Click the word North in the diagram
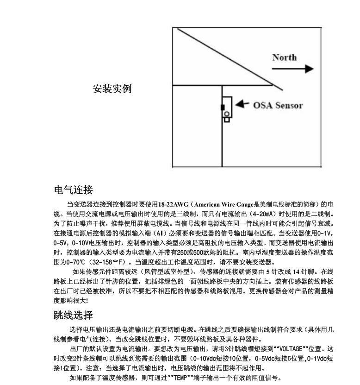coord(284,58)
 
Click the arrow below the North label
coord(292,69)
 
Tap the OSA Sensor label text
coord(278,105)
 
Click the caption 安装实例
coord(112,88)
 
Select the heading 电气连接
coord(74,190)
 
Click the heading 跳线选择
coord(74,316)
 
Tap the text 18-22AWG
coord(173,204)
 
